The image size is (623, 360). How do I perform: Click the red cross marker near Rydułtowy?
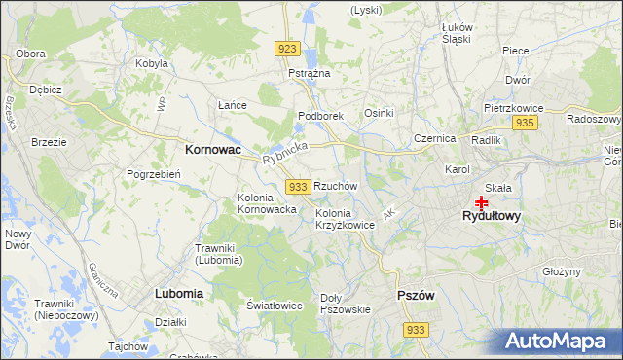point(481,202)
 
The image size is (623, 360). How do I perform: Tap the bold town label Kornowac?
point(213,151)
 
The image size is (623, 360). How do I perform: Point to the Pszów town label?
point(416,295)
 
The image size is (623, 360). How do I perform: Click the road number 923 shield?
point(286,49)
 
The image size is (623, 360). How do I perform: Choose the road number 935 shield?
point(525,123)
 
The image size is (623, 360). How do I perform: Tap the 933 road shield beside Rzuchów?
point(299,186)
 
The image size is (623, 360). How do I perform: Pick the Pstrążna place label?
point(310,73)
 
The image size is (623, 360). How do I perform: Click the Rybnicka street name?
point(284,153)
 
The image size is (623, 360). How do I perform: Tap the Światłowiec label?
point(275,306)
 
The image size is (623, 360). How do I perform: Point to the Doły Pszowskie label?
point(346,304)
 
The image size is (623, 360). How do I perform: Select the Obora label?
point(31,53)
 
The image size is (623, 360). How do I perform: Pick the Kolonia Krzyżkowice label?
point(345,219)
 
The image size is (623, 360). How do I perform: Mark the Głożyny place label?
point(562,271)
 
